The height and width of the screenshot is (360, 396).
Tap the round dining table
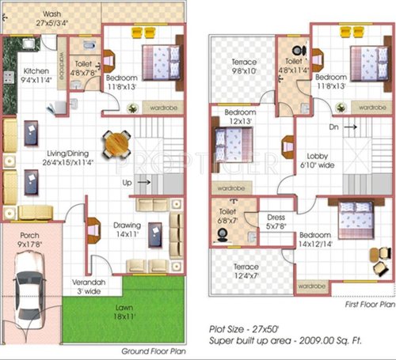pos(117,144)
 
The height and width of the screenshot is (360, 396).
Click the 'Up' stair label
pos(126,183)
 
